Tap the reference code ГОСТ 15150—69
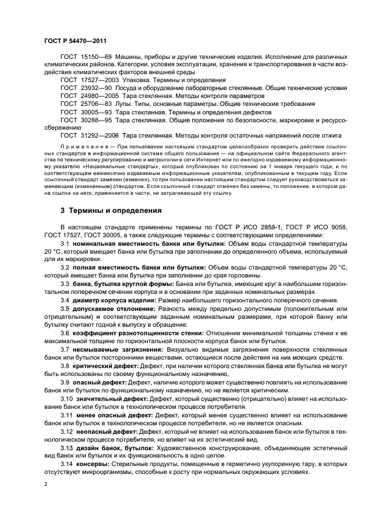(x=87, y=57)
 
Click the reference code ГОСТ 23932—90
(x=87, y=88)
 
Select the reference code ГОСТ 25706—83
(x=87, y=104)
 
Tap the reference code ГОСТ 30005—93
(x=87, y=112)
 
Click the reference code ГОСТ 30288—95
(x=87, y=120)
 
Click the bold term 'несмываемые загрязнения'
(x=115, y=349)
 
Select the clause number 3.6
(x=65, y=333)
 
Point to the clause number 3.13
(x=67, y=448)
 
